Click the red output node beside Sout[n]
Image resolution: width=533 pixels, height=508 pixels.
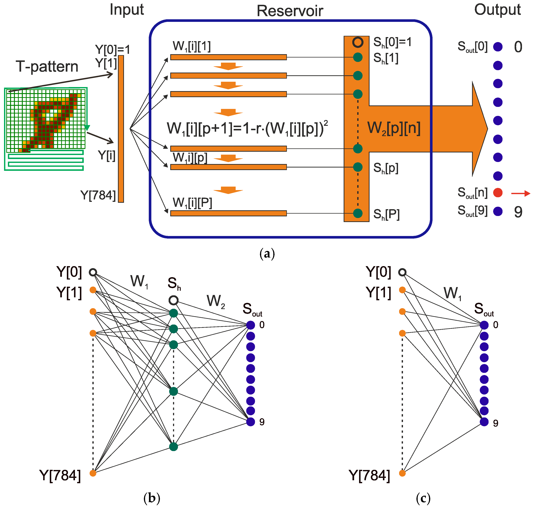[498, 192]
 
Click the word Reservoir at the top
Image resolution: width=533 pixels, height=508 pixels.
[290, 11]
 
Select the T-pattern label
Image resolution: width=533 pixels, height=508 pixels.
[47, 67]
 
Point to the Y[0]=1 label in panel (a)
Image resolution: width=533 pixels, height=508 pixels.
[112, 50]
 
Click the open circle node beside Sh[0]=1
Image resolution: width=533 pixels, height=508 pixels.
[357, 42]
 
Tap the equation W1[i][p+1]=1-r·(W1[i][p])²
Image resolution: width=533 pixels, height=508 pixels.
[247, 129]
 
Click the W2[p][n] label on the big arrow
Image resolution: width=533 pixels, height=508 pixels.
[394, 128]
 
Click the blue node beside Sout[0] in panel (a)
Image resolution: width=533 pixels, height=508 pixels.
[498, 47]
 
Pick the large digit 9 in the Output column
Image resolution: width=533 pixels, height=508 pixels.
[518, 212]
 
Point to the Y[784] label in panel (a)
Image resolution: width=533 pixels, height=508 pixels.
[98, 195]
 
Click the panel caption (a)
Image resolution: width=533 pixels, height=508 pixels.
[267, 254]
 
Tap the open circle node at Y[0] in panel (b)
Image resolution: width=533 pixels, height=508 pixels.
[93, 272]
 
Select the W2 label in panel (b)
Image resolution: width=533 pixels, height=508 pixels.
[216, 301]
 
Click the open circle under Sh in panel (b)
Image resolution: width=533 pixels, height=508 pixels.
[173, 300]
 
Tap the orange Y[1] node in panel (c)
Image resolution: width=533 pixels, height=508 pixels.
[402, 290]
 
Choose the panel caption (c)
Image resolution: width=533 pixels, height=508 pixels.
[423, 498]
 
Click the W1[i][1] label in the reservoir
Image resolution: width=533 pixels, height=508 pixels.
[192, 46]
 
